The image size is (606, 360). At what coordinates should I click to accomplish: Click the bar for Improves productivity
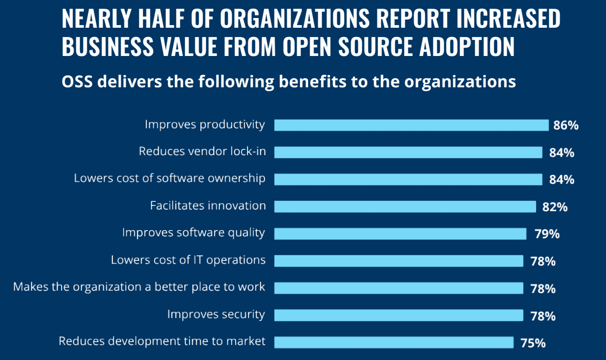pos(411,125)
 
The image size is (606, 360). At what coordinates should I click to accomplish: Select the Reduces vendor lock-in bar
pos(408,152)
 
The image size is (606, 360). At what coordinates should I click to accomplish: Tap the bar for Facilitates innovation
pos(405,206)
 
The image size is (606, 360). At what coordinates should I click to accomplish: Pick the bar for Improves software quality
pos(400,234)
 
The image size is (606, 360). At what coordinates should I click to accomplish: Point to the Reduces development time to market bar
pos(394,342)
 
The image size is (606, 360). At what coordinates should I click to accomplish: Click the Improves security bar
pos(399,315)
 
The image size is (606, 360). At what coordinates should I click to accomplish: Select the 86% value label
pos(566,125)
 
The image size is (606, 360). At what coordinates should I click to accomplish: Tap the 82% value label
pos(555,207)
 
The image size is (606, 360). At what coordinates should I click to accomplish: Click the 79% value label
pos(547,234)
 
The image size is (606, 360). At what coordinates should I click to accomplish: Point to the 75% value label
pos(533,343)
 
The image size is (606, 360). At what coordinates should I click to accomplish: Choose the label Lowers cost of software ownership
pos(169,178)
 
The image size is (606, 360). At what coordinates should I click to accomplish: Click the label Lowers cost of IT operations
pos(188,260)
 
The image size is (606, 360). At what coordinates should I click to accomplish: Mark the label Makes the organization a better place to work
pos(139,287)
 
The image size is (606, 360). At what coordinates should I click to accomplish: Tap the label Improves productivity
pos(204,125)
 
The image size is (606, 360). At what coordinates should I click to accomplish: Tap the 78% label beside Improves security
pos(542,316)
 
